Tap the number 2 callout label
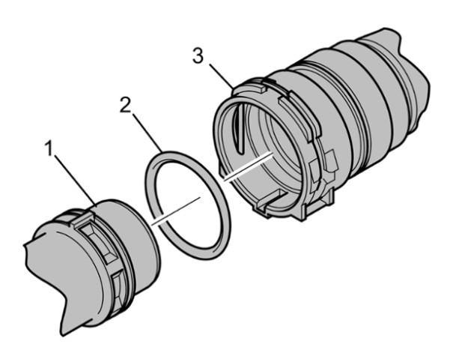click(x=125, y=105)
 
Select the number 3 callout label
click(x=198, y=55)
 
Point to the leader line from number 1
click(x=76, y=180)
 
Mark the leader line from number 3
click(x=222, y=76)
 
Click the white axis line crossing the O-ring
click(x=176, y=211)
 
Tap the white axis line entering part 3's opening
click(x=248, y=167)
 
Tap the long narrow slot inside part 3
click(x=239, y=128)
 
